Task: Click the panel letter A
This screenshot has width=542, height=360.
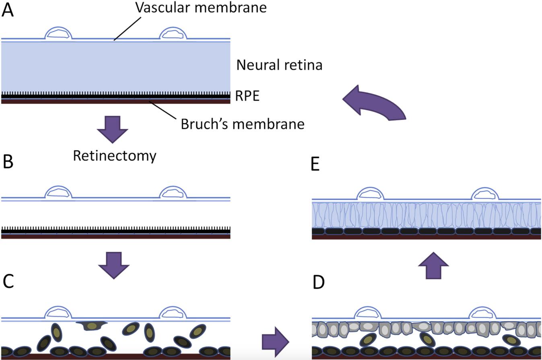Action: [8, 10]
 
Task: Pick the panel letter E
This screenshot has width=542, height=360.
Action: [315, 165]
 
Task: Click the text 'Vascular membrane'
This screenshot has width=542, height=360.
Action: [201, 7]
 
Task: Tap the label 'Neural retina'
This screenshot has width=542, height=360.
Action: [279, 65]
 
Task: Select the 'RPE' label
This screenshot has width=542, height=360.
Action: [247, 96]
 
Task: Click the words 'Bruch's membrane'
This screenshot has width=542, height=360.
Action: [242, 124]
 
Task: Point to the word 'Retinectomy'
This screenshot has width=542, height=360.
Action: [114, 156]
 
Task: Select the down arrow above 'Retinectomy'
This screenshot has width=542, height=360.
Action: [112, 129]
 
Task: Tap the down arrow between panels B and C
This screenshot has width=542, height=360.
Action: [113, 265]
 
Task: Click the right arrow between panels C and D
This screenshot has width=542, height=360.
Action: [275, 342]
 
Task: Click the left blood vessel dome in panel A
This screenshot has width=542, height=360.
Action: [58, 33]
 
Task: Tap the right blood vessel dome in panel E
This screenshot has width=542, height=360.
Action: [485, 194]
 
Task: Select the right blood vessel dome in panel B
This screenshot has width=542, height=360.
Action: [173, 192]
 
